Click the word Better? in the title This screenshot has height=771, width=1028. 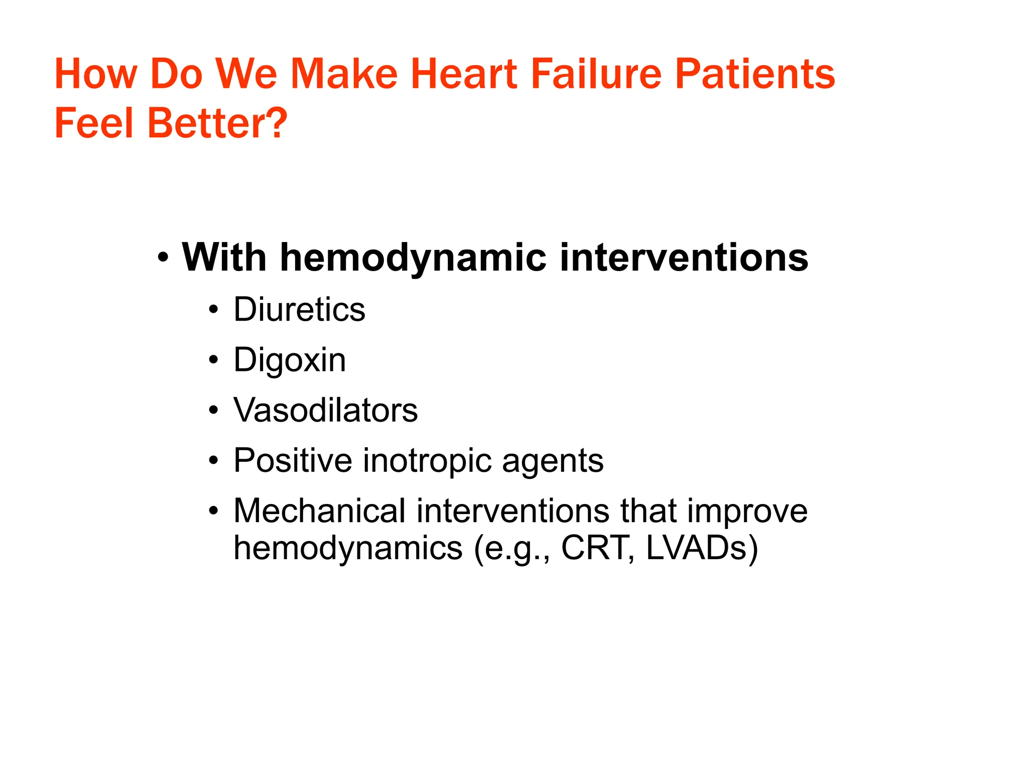point(217,123)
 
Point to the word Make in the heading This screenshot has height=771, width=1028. point(344,74)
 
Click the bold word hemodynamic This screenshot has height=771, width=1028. point(413,258)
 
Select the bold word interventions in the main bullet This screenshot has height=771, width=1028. point(684,258)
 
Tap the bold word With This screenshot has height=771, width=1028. point(224,258)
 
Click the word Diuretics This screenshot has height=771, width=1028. point(299,310)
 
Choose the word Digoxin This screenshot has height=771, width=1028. point(290,360)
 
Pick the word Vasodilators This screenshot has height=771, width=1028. point(325,411)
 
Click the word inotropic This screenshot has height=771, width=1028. point(427,461)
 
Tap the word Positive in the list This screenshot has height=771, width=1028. point(293,461)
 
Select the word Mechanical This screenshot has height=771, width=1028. point(319,511)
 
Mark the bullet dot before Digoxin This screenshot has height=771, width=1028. point(214,360)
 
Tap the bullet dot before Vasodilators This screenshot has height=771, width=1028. point(214,411)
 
